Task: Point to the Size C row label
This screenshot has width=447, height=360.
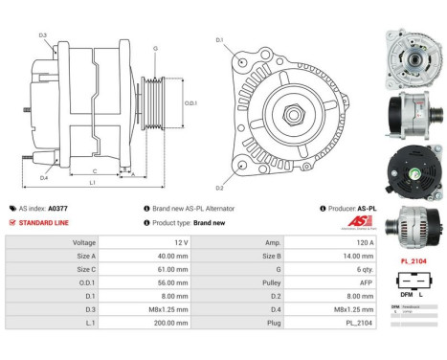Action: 83,271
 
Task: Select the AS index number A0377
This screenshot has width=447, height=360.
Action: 57,208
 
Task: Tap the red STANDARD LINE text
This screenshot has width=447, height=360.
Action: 44,222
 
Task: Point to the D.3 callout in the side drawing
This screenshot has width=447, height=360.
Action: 43,35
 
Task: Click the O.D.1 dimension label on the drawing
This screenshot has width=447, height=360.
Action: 190,102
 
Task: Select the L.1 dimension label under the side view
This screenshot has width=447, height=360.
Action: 92,182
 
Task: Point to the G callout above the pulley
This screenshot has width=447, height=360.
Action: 154,47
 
